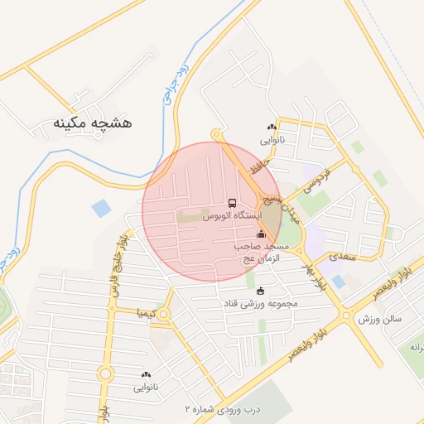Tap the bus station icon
point(231,203)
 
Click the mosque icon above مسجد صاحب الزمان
point(261,234)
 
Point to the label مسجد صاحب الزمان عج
point(263,253)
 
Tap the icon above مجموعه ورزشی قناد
point(262,290)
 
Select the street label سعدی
point(341,258)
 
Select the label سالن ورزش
point(379,318)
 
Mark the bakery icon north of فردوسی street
point(272,127)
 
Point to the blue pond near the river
point(101,208)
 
